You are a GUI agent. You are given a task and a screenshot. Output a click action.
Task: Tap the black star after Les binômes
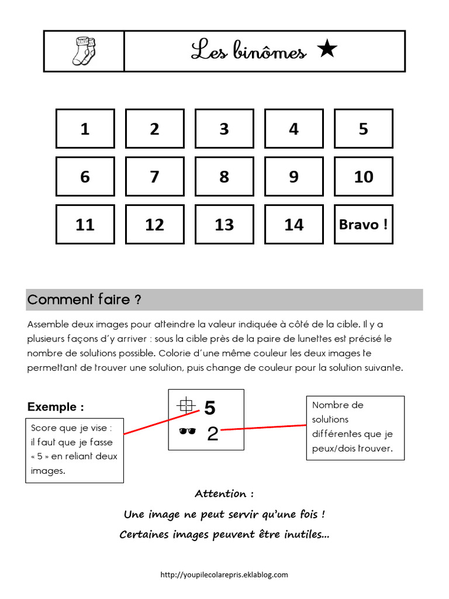click(x=327, y=50)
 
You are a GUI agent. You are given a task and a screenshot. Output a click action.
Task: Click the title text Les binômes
click(x=248, y=51)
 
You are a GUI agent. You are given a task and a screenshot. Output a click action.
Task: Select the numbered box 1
click(x=85, y=129)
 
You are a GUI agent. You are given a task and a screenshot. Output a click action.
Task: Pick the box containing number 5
click(x=363, y=129)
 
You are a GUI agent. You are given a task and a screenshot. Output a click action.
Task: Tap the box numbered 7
click(x=154, y=177)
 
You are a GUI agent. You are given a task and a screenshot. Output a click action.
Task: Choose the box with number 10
click(x=363, y=177)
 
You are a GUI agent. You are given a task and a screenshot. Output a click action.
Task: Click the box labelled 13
click(x=224, y=224)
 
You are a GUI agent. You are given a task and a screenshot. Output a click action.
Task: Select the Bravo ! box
click(x=363, y=224)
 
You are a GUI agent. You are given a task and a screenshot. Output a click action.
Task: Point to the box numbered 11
click(x=85, y=224)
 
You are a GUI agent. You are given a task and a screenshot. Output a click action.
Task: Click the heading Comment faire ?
click(x=84, y=300)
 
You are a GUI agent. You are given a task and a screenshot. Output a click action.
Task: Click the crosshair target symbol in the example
click(x=186, y=404)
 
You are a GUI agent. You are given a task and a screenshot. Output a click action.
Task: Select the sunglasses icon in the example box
click(x=187, y=432)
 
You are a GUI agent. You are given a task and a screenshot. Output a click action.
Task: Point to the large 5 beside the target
click(x=210, y=408)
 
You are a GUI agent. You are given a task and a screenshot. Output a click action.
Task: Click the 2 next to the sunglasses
click(x=213, y=433)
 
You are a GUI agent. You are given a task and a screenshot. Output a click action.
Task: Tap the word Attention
click(x=224, y=494)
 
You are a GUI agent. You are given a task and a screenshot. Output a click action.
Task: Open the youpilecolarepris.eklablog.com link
click(x=224, y=574)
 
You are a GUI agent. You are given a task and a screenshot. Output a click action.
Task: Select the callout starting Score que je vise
click(x=74, y=449)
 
